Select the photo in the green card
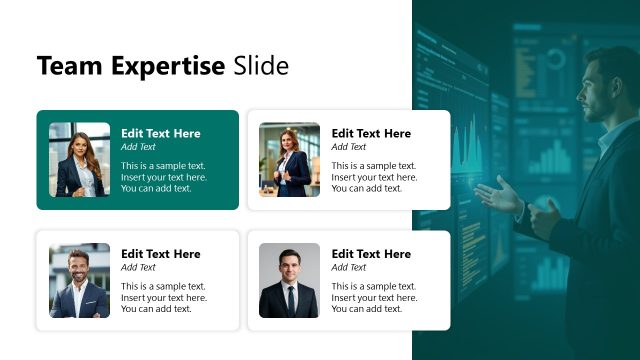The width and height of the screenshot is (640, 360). click(x=79, y=160)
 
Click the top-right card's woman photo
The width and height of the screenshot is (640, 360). click(x=289, y=160)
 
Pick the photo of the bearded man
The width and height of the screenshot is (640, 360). click(x=79, y=280)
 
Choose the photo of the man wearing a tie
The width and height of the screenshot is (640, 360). click(x=289, y=280)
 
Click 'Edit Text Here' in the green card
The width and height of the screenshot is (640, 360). click(x=161, y=133)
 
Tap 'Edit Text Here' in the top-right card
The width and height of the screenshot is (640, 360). click(x=371, y=133)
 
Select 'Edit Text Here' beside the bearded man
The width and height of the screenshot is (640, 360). click(x=161, y=254)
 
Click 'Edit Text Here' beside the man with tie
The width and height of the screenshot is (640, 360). click(x=371, y=254)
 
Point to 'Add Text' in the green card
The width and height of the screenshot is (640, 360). click(x=138, y=147)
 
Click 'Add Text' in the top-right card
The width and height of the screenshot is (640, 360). click(x=349, y=147)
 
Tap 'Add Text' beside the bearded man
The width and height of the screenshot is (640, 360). click(x=138, y=267)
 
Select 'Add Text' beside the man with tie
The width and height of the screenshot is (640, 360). click(x=349, y=267)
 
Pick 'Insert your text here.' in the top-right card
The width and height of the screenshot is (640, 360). click(x=374, y=177)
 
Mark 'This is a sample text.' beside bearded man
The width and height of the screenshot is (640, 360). click(x=163, y=286)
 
